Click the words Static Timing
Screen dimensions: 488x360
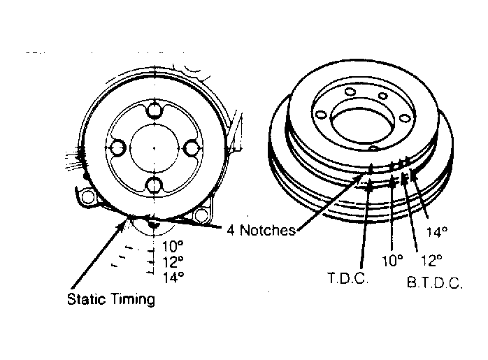coord(111,299)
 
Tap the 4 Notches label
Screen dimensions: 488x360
coord(261,230)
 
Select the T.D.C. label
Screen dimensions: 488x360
coord(348,278)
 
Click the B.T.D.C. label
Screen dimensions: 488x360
coord(435,282)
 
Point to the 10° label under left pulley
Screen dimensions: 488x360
coord(173,246)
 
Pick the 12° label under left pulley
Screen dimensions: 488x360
coord(173,261)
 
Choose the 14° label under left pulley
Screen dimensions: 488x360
coord(173,277)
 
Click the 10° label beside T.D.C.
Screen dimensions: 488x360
coord(392,261)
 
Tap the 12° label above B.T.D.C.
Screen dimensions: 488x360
coord(431,261)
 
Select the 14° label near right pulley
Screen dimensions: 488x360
coord(437,232)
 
